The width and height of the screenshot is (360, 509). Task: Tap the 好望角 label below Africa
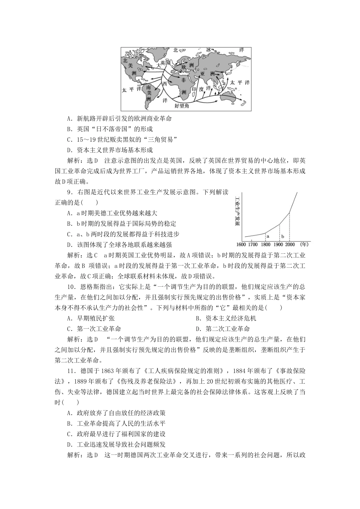click(x=182, y=106)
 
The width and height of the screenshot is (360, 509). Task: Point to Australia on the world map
click(x=227, y=94)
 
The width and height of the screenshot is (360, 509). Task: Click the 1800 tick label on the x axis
click(x=265, y=245)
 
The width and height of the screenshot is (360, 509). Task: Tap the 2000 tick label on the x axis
click(x=290, y=245)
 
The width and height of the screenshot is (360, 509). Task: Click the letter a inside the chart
click(x=268, y=236)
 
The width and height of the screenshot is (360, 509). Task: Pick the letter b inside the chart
click(x=283, y=236)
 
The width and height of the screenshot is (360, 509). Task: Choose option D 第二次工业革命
click(x=223, y=329)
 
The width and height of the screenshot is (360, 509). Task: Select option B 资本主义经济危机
click(x=226, y=319)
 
